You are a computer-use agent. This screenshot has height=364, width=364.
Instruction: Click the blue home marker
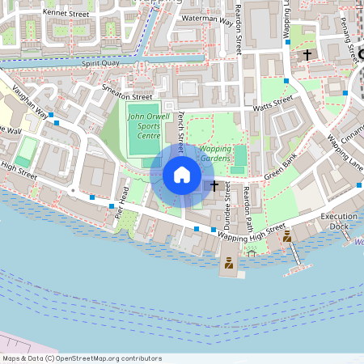coord(182,175)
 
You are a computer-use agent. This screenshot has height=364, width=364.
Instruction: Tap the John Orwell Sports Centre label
coord(143,125)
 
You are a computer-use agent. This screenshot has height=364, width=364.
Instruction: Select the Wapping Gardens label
coord(215,154)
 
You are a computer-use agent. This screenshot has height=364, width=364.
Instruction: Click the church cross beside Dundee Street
coord(214,186)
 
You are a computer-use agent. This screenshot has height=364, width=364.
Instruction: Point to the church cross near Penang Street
coord(307,55)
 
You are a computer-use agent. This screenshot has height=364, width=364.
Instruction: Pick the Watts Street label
coord(273,103)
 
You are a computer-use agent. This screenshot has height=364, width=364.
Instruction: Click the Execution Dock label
coord(339,222)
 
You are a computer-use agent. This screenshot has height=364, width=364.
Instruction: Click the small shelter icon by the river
coord(252,253)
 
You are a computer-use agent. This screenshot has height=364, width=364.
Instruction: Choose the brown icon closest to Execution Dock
coord(286,236)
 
